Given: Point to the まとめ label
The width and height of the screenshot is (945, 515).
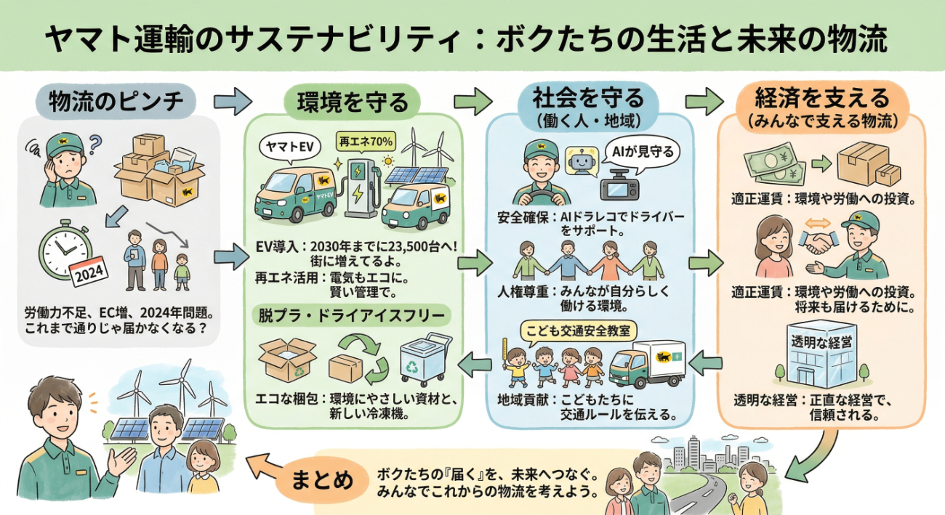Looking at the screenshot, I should tap(323, 480).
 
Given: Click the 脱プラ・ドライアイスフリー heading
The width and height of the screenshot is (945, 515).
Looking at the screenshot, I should tap(353, 316).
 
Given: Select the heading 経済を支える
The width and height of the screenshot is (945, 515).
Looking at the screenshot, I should tap(821, 97).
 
